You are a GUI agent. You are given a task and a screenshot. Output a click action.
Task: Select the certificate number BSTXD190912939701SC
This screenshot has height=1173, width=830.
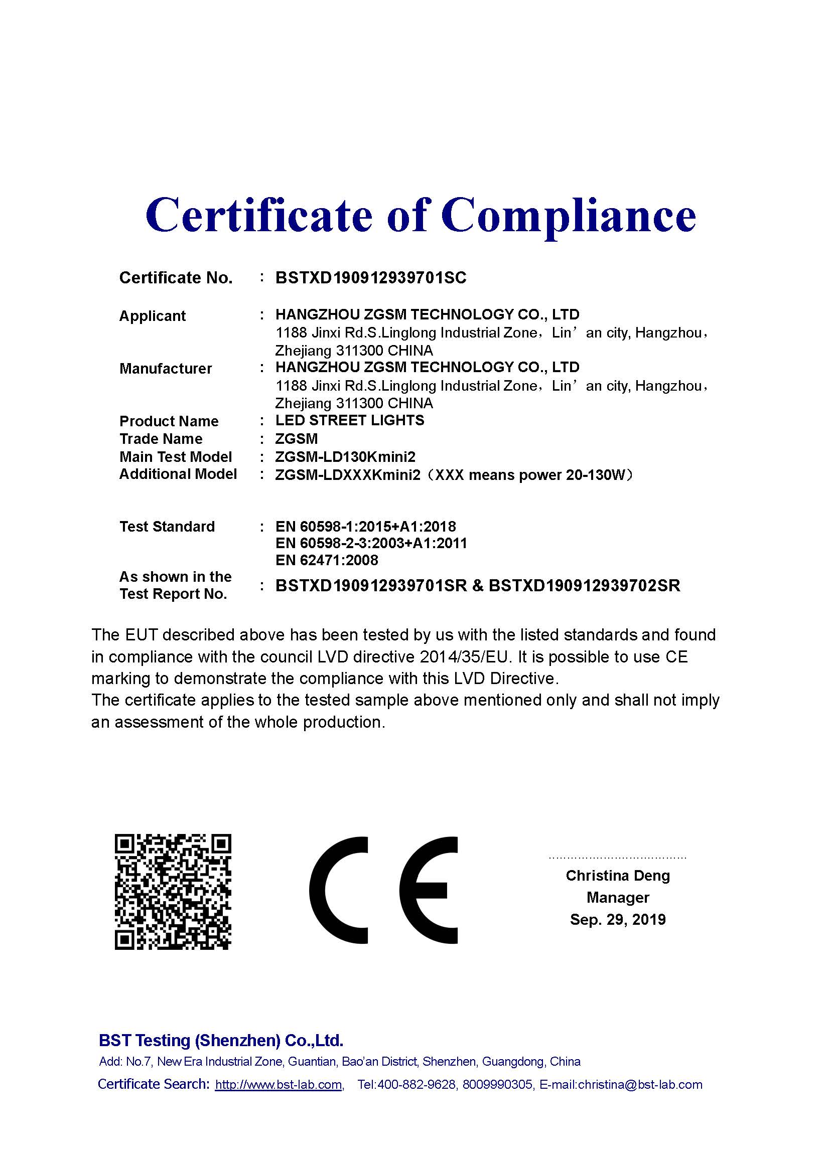coord(370,278)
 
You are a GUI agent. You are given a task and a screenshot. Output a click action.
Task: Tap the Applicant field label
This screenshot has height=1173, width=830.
coord(153,316)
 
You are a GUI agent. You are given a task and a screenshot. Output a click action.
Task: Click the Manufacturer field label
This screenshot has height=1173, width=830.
coord(166,369)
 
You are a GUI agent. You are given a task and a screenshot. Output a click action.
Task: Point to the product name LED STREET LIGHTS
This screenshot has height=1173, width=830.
coord(350,420)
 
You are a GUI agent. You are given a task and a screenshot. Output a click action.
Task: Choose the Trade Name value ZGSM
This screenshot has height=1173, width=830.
coord(297,439)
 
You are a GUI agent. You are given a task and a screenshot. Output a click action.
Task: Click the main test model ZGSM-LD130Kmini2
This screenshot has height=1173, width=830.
coord(345,457)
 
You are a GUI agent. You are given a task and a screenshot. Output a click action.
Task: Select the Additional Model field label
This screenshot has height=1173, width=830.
coord(178,474)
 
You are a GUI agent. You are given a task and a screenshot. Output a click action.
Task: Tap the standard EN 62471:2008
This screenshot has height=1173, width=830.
coord(327,561)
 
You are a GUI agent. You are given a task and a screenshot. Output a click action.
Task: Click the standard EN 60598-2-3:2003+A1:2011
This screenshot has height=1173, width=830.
coord(371,543)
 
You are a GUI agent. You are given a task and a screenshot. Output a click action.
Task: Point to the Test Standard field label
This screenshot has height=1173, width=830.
coord(167,527)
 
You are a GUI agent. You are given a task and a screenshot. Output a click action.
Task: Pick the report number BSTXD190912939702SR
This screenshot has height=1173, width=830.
coord(584,585)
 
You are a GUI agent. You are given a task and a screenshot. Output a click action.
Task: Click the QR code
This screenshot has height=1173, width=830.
coord(173,892)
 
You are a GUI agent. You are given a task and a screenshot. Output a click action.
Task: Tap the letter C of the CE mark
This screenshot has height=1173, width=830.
coord(338,891)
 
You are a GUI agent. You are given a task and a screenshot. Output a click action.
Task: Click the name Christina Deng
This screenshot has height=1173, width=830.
coord(617,876)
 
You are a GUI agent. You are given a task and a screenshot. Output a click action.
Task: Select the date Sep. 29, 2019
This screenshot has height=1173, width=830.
coord(617,920)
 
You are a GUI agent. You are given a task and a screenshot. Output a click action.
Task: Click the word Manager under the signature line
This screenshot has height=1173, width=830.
coord(617,898)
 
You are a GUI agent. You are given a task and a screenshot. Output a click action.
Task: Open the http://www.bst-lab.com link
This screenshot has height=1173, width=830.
coord(279,1085)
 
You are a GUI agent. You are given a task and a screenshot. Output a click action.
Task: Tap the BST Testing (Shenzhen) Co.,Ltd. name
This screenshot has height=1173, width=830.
coord(221,1041)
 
